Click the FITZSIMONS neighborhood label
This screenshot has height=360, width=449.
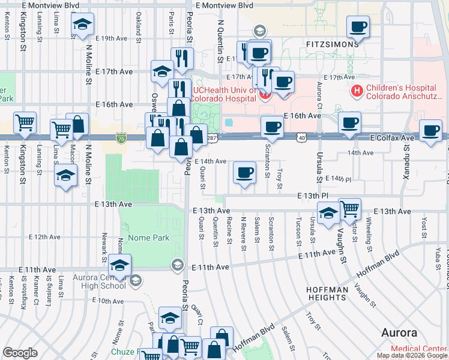pos(332,44)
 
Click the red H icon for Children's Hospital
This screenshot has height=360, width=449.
pos(357,91)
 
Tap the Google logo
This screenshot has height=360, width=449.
pos(20,353)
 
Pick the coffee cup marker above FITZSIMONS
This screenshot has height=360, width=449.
pos(358,26)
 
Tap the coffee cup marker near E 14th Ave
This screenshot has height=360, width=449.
pos(244,173)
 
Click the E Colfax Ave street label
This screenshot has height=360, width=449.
pos(392,138)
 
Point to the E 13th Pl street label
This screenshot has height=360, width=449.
pos(312,196)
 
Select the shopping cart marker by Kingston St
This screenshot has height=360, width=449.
pos(25,122)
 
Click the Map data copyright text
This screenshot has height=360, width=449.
pos(412,355)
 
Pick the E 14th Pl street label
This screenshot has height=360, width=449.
pos(337,179)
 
